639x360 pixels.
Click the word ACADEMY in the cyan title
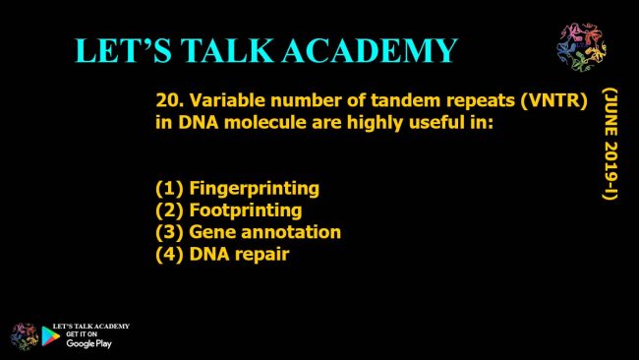(x=370, y=50)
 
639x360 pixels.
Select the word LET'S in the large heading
(x=124, y=50)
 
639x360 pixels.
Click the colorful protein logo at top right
(x=582, y=47)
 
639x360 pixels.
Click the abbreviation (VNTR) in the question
(x=553, y=100)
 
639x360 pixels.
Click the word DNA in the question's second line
(x=199, y=122)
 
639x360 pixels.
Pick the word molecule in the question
(x=264, y=122)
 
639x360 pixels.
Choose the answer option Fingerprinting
(x=255, y=189)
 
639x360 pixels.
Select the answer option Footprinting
(x=246, y=210)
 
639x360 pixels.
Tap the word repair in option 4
(x=262, y=255)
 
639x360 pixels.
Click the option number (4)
(x=169, y=255)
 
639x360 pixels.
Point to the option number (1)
(x=169, y=188)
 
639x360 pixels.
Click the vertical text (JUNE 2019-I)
(x=610, y=144)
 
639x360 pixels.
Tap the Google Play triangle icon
(x=50, y=336)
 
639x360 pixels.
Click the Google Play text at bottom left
(x=88, y=343)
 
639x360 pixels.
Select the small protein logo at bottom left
(x=25, y=336)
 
